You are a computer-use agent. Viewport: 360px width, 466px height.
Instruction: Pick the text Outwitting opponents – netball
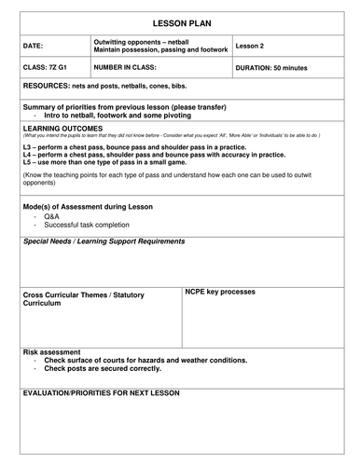pos(145,40)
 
